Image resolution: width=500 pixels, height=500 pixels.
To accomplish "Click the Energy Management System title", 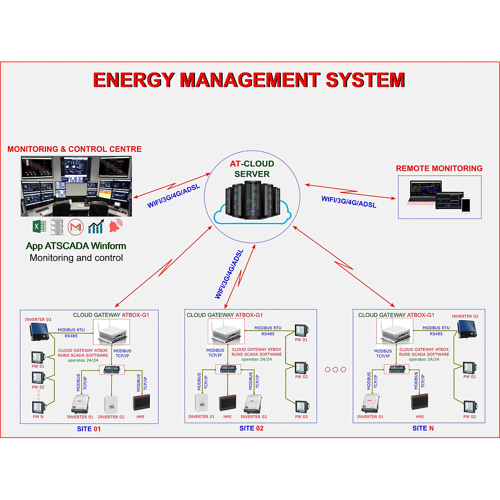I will pos(249,80).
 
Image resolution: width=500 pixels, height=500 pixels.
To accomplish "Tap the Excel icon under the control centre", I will pos(39,226).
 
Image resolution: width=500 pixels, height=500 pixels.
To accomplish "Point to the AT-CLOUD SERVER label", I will pos(251,168).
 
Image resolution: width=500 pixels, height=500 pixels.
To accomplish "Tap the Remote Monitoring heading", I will pos(439,168).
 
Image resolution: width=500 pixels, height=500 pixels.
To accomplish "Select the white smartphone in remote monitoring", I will pos(466,205).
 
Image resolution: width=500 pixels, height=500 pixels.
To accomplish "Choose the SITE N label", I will pos(423,428).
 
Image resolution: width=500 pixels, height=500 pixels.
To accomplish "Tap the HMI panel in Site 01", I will pos(142,402).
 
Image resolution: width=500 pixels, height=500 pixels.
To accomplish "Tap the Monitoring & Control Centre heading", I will pos(74,149).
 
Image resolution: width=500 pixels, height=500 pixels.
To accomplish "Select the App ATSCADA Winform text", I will pos(76,246).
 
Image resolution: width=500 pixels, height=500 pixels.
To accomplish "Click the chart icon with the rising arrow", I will pos(96,226).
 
